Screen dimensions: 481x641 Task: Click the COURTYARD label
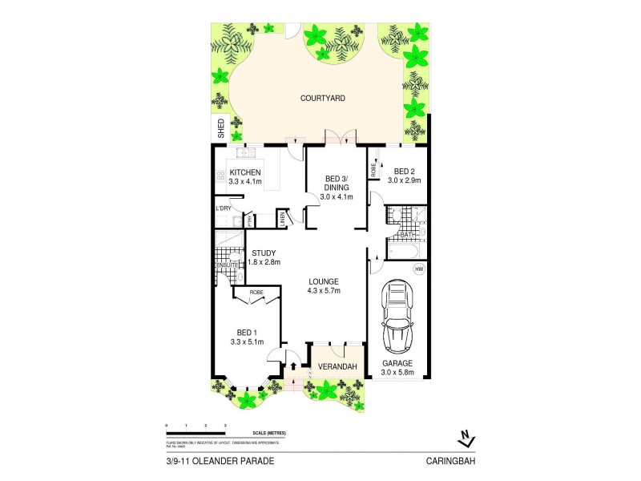322,98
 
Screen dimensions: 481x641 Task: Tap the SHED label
220,128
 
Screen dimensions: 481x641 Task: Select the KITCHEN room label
245,173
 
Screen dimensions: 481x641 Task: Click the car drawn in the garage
397,317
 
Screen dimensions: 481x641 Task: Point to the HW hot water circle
418,270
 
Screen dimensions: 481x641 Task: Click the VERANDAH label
336,366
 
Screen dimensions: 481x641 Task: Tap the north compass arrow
463,437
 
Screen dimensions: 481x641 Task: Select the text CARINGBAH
454,461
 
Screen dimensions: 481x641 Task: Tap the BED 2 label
403,171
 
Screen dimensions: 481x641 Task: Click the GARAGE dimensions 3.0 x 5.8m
397,371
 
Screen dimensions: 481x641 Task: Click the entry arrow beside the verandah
293,366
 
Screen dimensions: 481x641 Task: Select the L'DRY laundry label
224,209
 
